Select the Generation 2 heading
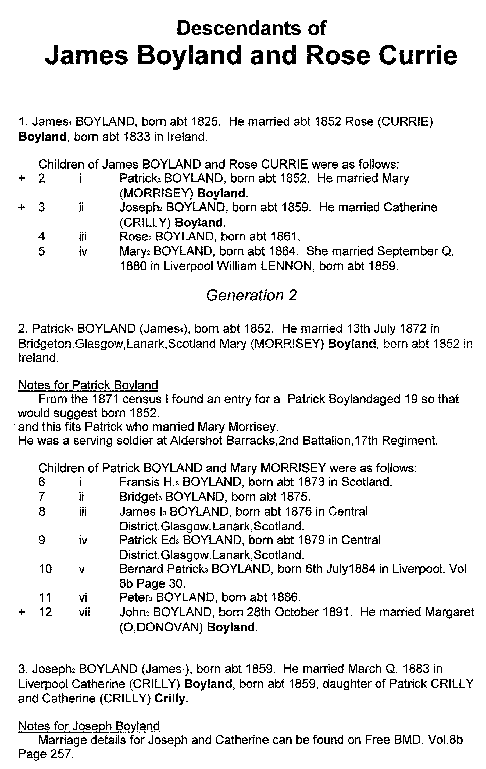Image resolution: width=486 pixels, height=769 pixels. pos(251,295)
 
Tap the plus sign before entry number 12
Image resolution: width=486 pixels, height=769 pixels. pos(22,612)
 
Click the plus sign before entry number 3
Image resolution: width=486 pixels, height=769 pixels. pos(22,207)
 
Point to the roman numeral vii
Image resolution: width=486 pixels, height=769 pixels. pos(84,612)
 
